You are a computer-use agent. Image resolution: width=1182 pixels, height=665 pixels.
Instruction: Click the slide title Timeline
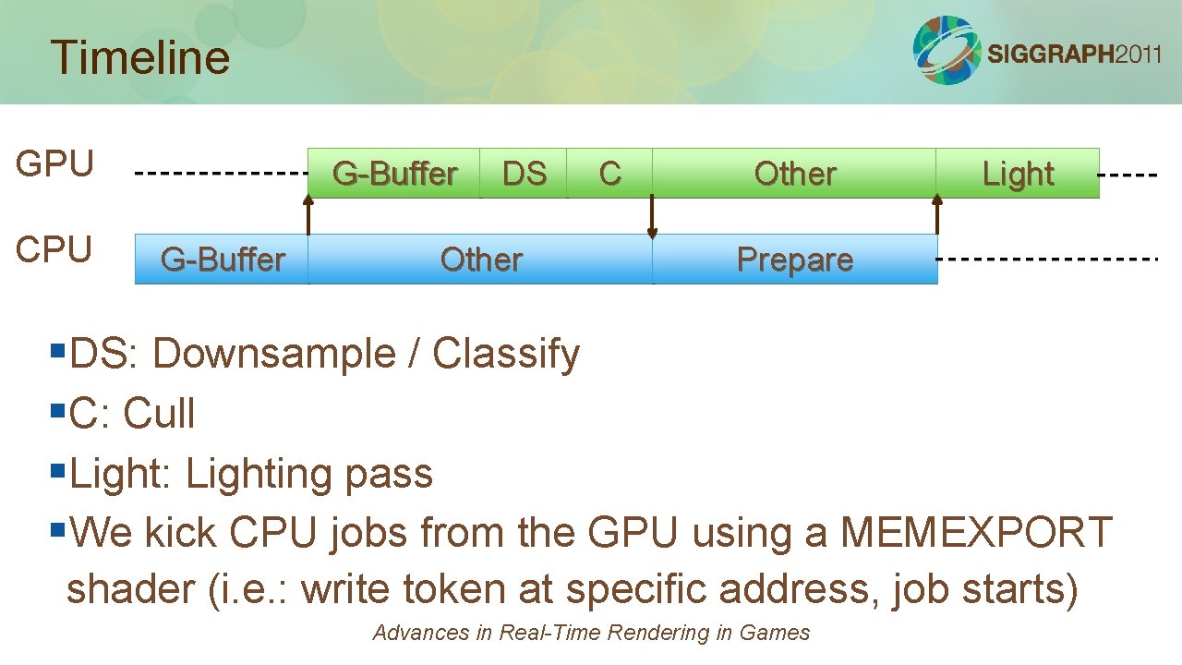coord(140,57)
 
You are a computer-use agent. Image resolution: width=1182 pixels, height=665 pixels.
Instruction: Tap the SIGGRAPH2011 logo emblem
coord(947,50)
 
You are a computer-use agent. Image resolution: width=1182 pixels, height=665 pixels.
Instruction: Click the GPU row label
coord(54,164)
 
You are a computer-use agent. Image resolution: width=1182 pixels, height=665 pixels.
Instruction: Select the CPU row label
coord(54,249)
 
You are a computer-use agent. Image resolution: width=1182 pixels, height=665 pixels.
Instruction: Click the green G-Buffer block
coord(394,174)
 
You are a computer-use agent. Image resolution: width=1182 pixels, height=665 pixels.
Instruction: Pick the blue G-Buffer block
coord(222,260)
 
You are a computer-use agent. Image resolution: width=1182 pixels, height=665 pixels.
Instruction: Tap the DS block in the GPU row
coord(524,174)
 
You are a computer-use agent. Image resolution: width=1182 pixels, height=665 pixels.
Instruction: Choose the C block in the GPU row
coord(609,174)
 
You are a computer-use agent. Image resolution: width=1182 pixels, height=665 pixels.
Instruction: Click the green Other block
coord(794,174)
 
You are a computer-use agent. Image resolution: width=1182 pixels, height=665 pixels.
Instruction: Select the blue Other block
coord(480,260)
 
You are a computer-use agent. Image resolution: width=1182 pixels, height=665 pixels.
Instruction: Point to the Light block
coord(1018,174)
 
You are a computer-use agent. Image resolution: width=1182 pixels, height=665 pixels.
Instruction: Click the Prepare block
coord(794,260)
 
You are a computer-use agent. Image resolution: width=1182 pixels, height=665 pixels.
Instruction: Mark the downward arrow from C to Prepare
coord(652,217)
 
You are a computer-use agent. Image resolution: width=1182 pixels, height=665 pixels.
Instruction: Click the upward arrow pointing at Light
coord(937,214)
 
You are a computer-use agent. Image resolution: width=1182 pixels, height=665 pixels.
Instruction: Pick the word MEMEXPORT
coord(976,533)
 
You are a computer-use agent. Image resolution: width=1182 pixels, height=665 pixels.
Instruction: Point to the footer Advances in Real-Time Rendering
coord(591,633)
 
